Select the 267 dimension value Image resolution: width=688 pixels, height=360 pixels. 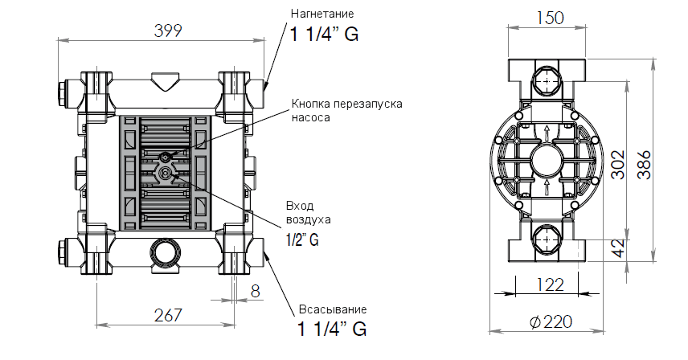(x=168, y=314)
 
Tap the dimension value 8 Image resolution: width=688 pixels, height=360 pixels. (x=256, y=292)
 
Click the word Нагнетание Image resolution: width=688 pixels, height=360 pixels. (x=321, y=14)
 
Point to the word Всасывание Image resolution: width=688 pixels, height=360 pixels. (x=332, y=309)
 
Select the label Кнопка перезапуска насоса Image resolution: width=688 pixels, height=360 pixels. (x=346, y=110)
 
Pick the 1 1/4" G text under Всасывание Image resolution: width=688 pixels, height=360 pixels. (x=332, y=329)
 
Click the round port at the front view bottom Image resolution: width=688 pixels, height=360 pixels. (x=166, y=252)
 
